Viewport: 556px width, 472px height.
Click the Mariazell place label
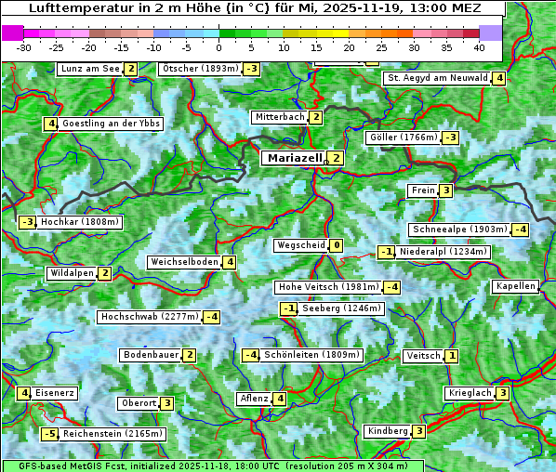295,158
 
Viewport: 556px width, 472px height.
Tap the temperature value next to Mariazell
336,158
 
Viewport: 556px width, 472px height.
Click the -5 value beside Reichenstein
49,434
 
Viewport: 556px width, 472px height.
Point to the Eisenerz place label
55,393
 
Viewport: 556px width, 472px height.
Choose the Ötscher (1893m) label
200,69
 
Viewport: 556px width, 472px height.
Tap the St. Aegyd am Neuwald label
438,78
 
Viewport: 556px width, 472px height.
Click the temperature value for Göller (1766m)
450,138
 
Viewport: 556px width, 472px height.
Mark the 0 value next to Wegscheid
336,245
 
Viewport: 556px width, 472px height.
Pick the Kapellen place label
515,286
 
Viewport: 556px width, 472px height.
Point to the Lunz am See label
90,69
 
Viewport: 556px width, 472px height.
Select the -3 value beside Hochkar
27,222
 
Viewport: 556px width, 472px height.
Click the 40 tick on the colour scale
479,47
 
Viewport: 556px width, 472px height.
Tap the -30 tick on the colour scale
24,47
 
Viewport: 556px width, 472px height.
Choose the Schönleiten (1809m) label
298,355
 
